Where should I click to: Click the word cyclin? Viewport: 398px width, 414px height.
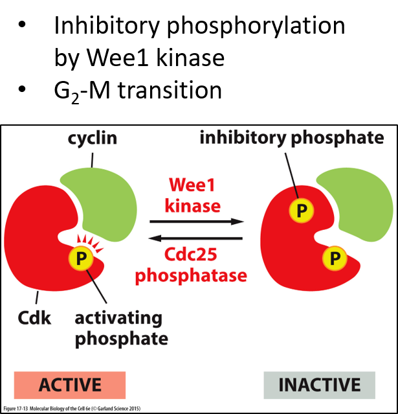pos(93,139)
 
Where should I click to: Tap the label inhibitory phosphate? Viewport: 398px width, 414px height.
pos(291,138)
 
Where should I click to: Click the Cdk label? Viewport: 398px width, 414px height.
pos(32,318)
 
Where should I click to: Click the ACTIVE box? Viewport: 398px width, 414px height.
pos(70,384)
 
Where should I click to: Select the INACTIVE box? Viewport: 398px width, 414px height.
pos(319,384)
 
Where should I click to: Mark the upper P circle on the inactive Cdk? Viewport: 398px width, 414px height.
pos(300,209)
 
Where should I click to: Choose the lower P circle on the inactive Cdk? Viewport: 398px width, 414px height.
pos(334,259)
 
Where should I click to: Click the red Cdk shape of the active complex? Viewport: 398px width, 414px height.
pos(36,240)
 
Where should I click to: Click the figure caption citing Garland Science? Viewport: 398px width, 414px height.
pos(71,409)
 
